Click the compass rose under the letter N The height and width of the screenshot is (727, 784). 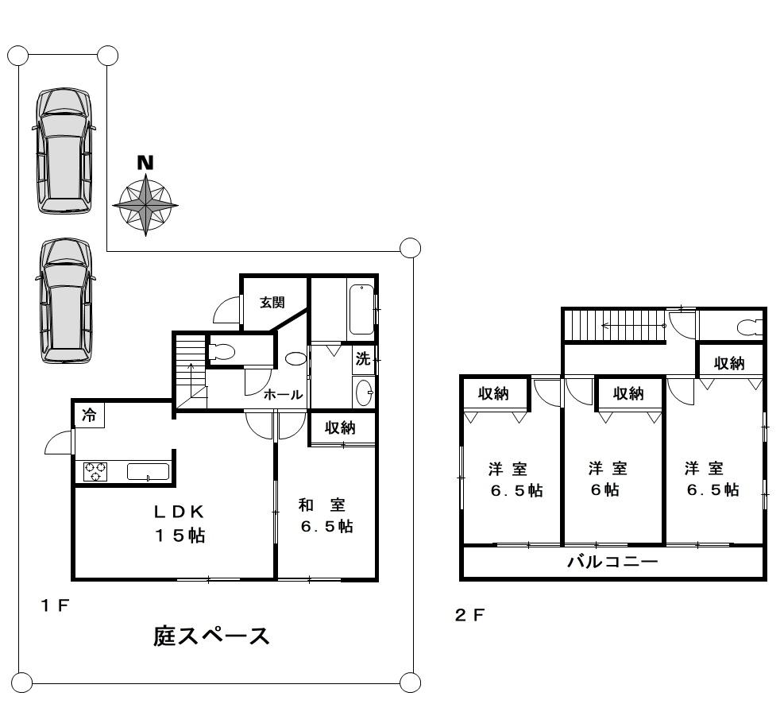pyautogui.click(x=145, y=205)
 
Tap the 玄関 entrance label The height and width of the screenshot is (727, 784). pyautogui.click(x=272, y=303)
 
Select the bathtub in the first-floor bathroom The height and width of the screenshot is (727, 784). pyautogui.click(x=361, y=310)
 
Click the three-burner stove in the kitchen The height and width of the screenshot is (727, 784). pyautogui.click(x=95, y=472)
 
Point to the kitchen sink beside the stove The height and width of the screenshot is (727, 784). pyautogui.click(x=148, y=472)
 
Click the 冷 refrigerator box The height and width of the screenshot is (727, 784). pyautogui.click(x=90, y=415)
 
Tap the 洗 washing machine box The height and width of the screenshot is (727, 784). pyautogui.click(x=364, y=359)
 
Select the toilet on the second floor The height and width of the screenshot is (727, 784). pyautogui.click(x=751, y=328)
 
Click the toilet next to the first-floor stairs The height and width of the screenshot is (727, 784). pyautogui.click(x=222, y=352)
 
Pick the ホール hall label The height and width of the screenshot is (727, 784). pyautogui.click(x=283, y=395)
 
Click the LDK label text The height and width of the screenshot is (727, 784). pyautogui.click(x=179, y=512)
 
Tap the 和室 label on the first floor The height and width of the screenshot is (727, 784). pyautogui.click(x=322, y=505)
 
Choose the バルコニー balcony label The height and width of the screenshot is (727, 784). pyautogui.click(x=612, y=562)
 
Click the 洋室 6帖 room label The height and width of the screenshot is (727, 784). pyautogui.click(x=607, y=479)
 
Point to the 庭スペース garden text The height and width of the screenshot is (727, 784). pyautogui.click(x=211, y=636)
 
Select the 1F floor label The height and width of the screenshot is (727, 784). pyautogui.click(x=55, y=606)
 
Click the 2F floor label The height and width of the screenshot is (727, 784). pyautogui.click(x=469, y=615)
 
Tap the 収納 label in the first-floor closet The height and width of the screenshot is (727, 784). pyautogui.click(x=340, y=427)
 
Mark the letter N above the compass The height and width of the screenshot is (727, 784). pyautogui.click(x=145, y=163)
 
